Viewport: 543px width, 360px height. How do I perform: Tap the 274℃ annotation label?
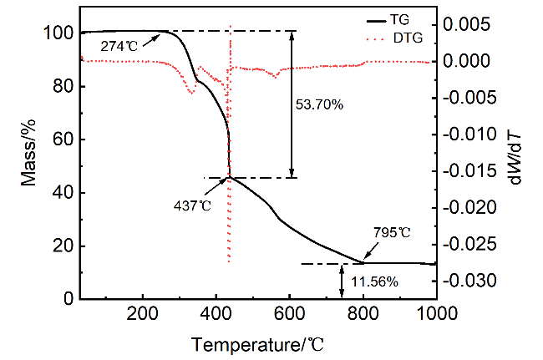pyautogui.click(x=118, y=46)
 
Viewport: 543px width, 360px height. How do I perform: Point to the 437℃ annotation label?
pyautogui.click(x=192, y=205)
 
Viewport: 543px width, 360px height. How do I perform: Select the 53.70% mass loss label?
pyautogui.click(x=320, y=105)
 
